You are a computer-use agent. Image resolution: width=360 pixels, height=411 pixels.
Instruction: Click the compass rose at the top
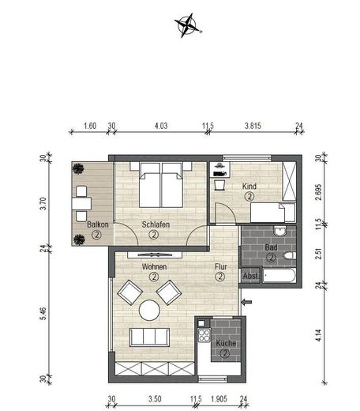(188, 26)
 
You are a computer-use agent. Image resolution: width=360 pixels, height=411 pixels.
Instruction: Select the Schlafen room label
(156, 224)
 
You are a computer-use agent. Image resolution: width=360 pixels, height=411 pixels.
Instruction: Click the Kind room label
(249, 187)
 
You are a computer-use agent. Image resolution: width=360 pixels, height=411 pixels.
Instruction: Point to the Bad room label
(270, 247)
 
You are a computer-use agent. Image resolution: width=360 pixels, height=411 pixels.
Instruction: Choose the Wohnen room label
(153, 267)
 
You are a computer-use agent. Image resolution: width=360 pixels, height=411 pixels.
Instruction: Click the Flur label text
(220, 267)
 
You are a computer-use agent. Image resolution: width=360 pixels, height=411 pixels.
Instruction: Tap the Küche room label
(225, 344)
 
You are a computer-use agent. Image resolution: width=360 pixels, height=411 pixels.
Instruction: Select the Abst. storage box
(250, 276)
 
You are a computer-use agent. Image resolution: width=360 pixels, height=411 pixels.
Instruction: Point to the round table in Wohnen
(150, 310)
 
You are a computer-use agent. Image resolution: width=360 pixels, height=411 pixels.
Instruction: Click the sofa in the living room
(150, 337)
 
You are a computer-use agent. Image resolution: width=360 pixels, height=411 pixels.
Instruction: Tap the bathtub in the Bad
(280, 277)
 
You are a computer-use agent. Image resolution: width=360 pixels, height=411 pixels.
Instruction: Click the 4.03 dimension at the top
(161, 125)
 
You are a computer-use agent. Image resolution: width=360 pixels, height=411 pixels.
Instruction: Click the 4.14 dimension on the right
(320, 334)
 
